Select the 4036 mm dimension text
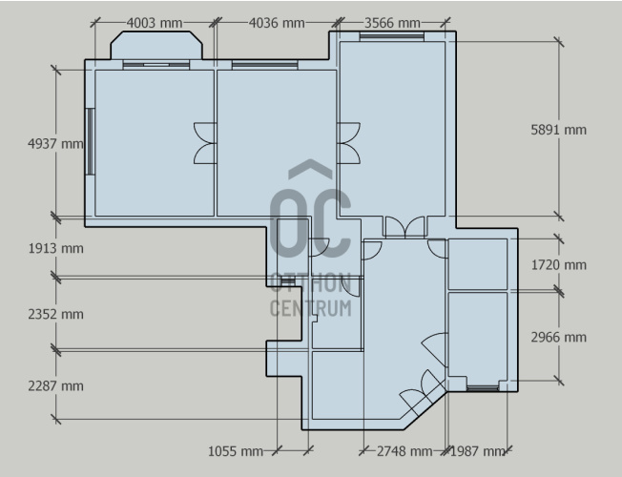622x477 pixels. (277, 23)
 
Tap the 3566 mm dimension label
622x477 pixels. (392, 23)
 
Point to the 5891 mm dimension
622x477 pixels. (558, 130)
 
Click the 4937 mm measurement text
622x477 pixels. (55, 143)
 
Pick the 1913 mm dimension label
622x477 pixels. (55, 248)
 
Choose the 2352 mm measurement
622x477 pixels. (55, 314)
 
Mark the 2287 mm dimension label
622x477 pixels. (55, 385)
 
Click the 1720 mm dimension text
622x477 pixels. (558, 264)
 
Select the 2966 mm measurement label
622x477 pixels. (558, 338)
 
